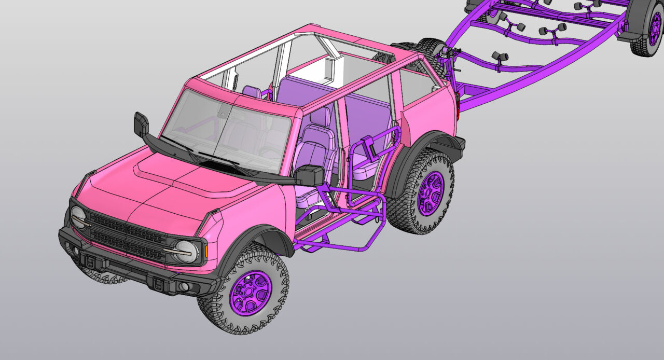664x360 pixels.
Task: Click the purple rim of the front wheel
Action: tap(251, 293)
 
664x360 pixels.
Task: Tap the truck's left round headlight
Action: tap(79, 217)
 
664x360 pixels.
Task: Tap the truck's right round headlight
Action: tap(186, 252)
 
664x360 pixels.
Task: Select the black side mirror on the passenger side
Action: tap(141, 124)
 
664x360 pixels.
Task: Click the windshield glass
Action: tap(228, 132)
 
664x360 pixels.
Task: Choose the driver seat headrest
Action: tap(320, 116)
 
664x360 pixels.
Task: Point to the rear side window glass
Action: tap(415, 86)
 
